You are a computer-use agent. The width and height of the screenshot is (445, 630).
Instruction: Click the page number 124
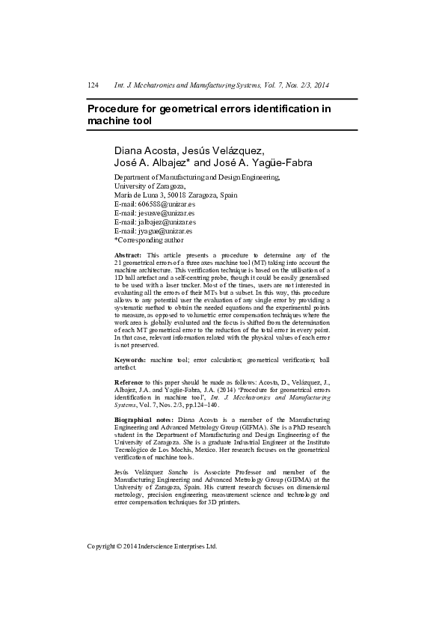(x=93, y=86)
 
